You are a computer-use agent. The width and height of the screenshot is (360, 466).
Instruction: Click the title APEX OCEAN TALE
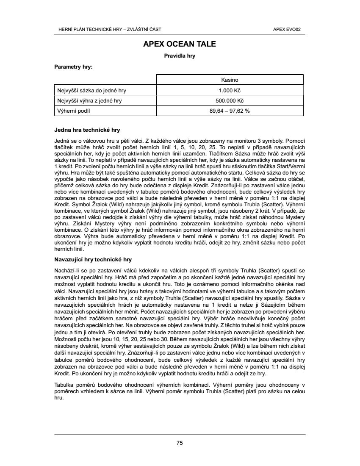[180, 44]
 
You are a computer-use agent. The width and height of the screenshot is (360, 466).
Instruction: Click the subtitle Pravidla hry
[180, 56]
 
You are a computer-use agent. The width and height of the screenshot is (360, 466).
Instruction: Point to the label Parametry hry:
[73, 67]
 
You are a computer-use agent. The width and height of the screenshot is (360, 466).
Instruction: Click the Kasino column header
[230, 80]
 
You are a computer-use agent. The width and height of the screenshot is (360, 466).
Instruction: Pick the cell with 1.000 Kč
[230, 90]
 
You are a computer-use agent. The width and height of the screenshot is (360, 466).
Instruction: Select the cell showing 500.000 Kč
[230, 101]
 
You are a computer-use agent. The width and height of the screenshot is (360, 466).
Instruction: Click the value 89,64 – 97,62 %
[230, 111]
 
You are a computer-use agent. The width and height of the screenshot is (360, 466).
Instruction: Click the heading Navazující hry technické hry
[94, 259]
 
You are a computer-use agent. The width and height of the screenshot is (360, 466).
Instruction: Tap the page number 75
[180, 443]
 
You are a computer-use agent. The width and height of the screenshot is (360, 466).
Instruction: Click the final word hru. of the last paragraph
[59, 399]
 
